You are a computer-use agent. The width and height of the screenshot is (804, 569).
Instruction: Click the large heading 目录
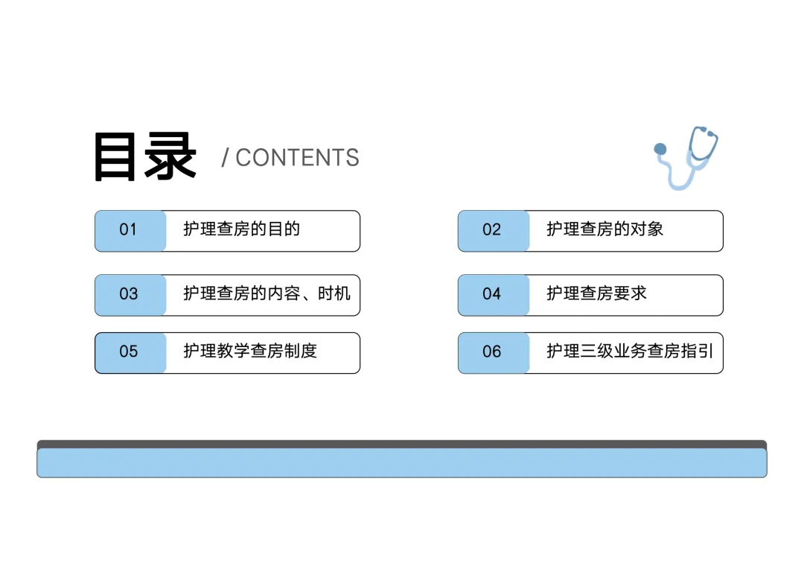(x=145, y=157)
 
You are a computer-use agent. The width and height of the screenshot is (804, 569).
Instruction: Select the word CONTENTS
(x=297, y=158)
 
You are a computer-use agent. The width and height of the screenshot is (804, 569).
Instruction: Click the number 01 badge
(x=130, y=230)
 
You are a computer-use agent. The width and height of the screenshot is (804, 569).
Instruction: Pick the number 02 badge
(x=493, y=230)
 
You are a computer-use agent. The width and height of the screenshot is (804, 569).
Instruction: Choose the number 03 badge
(x=130, y=294)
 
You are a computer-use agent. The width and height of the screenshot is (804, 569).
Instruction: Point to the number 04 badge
(x=493, y=294)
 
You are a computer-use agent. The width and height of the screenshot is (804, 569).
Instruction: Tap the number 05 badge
(x=130, y=352)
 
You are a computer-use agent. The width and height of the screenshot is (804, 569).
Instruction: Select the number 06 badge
(x=493, y=352)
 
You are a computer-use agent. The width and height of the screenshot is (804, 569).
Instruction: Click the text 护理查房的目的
(x=241, y=229)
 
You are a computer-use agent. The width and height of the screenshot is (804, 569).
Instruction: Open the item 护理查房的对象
(x=604, y=229)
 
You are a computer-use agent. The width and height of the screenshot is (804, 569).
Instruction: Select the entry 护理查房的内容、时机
(x=267, y=293)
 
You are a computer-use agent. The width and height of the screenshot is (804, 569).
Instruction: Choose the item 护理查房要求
(x=596, y=293)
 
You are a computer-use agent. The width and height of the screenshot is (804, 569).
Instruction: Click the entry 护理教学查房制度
(x=250, y=351)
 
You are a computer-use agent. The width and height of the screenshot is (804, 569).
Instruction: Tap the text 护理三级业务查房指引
(x=630, y=351)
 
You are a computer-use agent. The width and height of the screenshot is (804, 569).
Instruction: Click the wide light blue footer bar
(x=402, y=462)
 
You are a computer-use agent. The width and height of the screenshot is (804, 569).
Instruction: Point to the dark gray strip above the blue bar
(x=402, y=443)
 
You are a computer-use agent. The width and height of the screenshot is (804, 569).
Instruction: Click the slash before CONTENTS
(x=225, y=158)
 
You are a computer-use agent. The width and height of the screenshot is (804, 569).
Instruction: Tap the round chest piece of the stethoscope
(x=660, y=149)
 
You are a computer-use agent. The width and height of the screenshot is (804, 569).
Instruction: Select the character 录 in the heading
(x=171, y=157)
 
